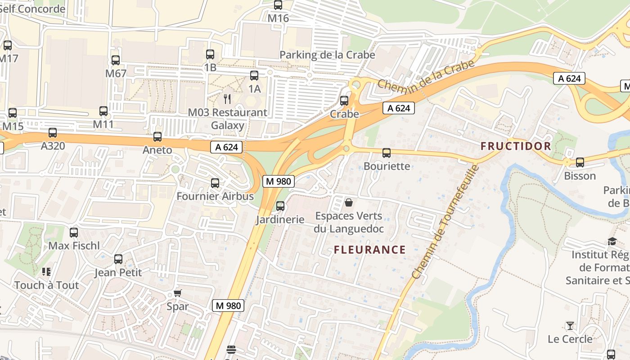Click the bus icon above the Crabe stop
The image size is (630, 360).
click(344, 100)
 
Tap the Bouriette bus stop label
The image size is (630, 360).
click(387, 166)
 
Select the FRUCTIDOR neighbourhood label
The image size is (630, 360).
click(516, 146)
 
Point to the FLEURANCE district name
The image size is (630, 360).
click(370, 250)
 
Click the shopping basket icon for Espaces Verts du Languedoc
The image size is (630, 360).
click(349, 202)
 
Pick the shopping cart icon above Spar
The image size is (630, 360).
click(177, 293)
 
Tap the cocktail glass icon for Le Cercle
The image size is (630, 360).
click(570, 325)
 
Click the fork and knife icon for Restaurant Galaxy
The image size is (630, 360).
click(228, 99)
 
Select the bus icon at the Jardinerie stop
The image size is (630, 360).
click(280, 206)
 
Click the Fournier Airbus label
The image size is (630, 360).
click(215, 196)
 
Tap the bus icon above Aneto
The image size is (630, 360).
click(157, 137)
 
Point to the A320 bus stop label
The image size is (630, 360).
click(53, 146)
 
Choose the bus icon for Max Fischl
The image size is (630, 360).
click(74, 233)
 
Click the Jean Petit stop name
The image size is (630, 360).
click(118, 272)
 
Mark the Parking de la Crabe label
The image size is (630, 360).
click(327, 55)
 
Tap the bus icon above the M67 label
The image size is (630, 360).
click(116, 60)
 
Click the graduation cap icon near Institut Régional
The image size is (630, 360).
click(612, 242)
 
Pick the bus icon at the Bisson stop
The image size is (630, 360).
click(580, 162)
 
